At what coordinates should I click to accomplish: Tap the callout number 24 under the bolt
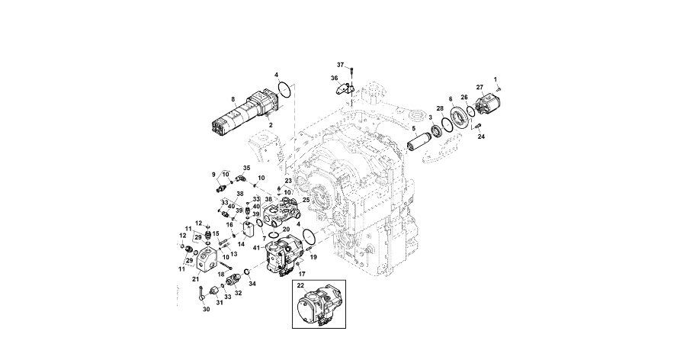coord(481,138)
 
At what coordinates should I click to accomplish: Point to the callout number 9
coord(214,175)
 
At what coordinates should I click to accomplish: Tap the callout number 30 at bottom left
coord(205,309)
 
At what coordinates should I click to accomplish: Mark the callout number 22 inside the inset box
coord(302,286)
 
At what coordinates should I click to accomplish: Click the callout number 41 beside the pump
coord(257,248)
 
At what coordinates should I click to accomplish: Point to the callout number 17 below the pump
coord(302,273)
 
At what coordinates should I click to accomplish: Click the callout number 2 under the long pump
coord(270,124)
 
